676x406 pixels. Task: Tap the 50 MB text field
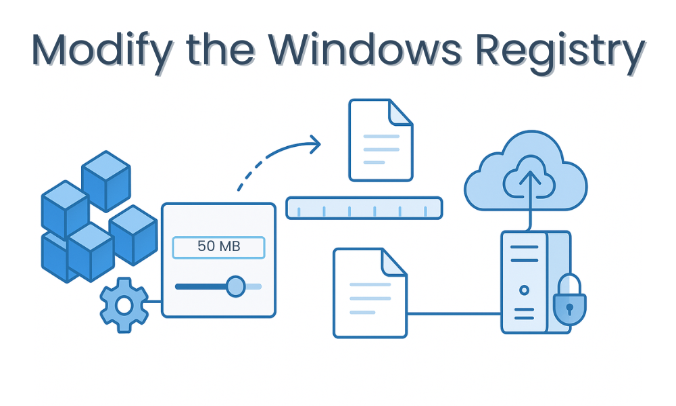pos(218,247)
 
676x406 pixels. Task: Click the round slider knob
pos(235,286)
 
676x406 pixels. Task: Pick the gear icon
pos(124,305)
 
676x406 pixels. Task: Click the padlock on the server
pos(569,301)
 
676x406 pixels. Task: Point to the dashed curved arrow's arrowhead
pos(314,143)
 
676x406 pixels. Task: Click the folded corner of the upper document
pos(401,112)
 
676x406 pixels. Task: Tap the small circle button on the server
pos(524,290)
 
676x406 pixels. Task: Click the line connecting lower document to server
pos(453,313)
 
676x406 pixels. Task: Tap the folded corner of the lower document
pos(394,261)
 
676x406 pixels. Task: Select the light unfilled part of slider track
pos(254,286)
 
